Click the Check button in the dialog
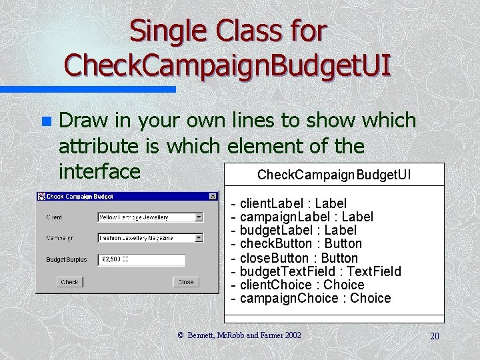pos(69,282)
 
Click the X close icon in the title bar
pos(213,197)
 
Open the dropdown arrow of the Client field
pos(199,217)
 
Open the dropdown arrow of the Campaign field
pos(199,237)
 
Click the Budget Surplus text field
pos(141,260)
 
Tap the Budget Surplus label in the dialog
pos(66,260)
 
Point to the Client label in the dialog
pos(55,217)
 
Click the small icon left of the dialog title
pos(41,197)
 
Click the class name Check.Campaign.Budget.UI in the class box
pos(334,175)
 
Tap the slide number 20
pos(434,336)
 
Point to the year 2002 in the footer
pos(292,335)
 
